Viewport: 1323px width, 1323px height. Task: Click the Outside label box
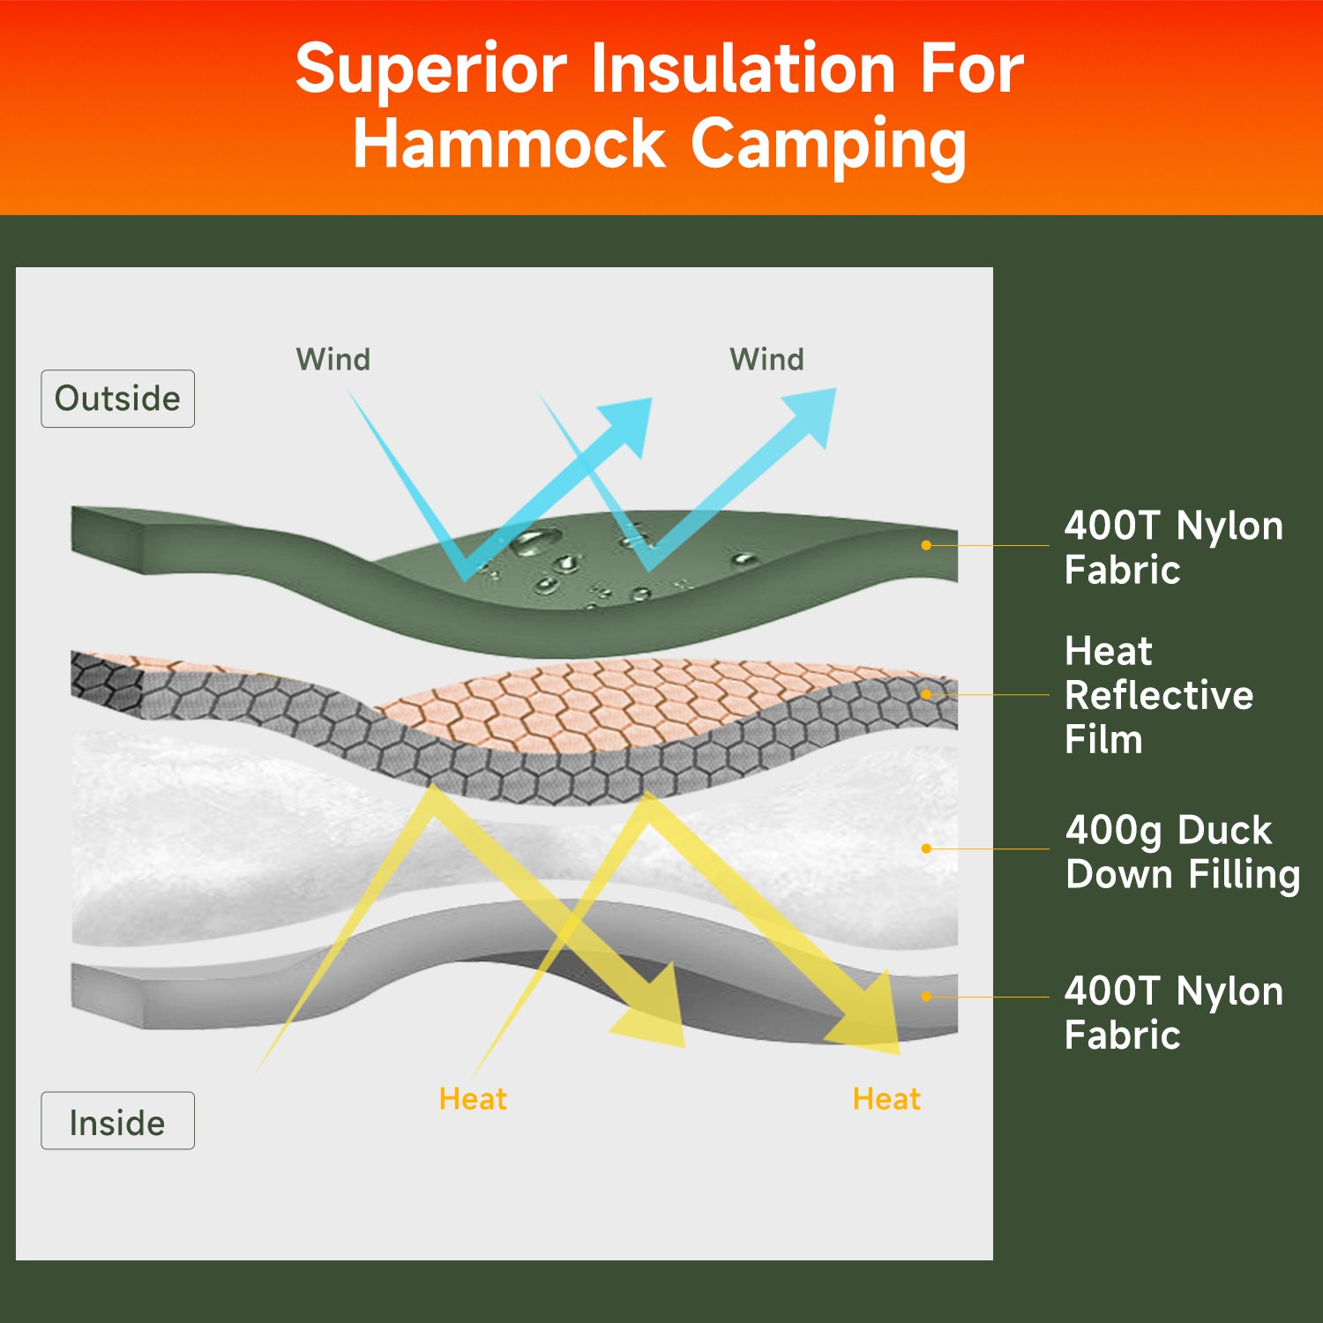click(117, 399)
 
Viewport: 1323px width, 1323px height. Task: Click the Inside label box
click(117, 1121)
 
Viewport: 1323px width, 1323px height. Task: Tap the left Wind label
click(333, 359)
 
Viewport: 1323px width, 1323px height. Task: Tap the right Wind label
click(766, 359)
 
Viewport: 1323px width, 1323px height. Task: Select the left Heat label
click(473, 1099)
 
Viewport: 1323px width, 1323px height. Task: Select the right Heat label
click(886, 1099)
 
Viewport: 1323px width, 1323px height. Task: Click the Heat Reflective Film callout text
click(1158, 695)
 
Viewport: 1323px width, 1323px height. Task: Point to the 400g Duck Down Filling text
click(1182, 852)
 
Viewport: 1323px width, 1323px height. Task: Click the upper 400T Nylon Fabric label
click(1173, 547)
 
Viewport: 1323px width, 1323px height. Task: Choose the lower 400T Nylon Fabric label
click(1173, 1013)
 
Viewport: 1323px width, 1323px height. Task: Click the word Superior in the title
click(431, 70)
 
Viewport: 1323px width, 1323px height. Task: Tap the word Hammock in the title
click(509, 144)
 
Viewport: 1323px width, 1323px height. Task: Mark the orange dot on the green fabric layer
click(926, 545)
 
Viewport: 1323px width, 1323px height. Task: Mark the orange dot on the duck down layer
click(926, 848)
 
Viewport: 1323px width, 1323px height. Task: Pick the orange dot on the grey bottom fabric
click(926, 997)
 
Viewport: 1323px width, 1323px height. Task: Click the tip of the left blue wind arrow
click(652, 399)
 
